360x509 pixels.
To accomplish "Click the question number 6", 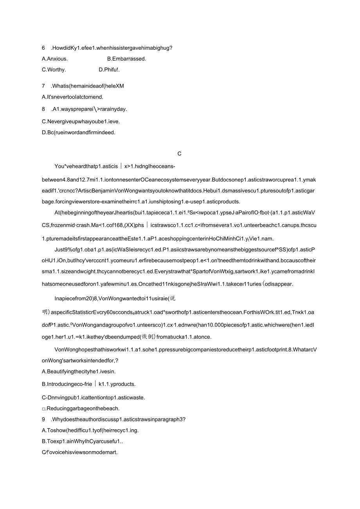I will (x=43, y=48).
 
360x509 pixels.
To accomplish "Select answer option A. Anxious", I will (x=55, y=59).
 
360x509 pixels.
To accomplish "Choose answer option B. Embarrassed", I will (x=126, y=59).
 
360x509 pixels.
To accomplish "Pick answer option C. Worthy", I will (x=54, y=70).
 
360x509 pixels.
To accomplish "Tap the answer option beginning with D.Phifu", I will (x=109, y=70).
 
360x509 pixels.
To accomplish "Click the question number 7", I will (x=43, y=86).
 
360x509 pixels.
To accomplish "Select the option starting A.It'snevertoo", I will (x=72, y=97).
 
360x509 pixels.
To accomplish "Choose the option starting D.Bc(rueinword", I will (x=78, y=133).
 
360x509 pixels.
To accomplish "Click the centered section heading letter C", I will (x=180, y=154).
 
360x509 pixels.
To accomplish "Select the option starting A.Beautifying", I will (x=79, y=372).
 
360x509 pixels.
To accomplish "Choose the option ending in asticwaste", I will (x=93, y=398).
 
